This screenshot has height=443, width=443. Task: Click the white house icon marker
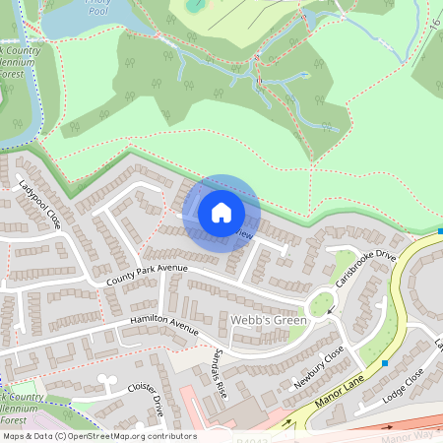click(x=221, y=213)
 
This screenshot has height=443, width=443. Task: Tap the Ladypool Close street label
click(x=40, y=203)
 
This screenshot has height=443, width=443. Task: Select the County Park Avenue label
click(x=147, y=277)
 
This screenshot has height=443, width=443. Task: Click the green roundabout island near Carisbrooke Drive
click(x=321, y=305)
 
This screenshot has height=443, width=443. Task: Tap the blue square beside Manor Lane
click(x=384, y=362)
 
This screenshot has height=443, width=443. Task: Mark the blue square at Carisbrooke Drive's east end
click(x=439, y=232)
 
